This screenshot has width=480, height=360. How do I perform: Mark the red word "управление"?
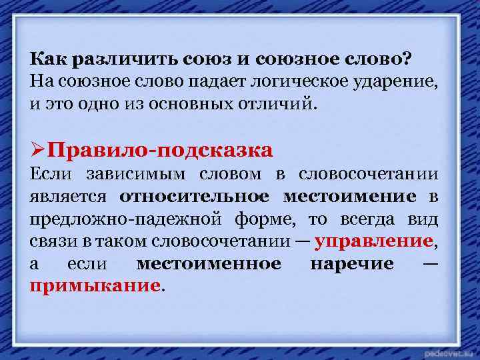tap(373, 241)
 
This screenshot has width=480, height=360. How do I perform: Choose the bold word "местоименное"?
tap(208, 264)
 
